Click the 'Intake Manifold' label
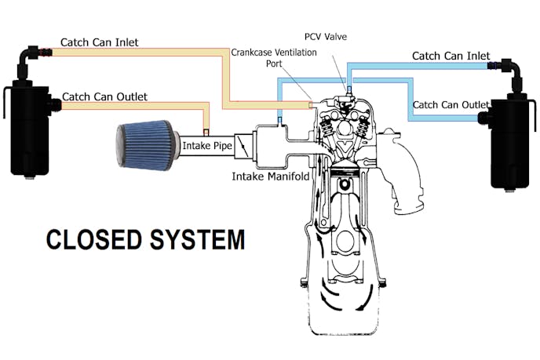tap(271, 176)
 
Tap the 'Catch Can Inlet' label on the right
tap(451, 56)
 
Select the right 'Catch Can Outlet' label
tap(451, 105)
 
